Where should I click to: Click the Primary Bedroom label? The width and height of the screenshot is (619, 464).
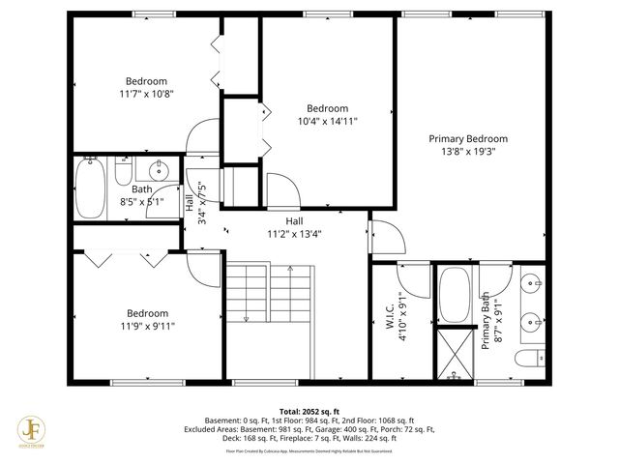pos(468,138)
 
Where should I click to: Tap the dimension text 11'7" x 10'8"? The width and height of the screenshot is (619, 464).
pos(146,95)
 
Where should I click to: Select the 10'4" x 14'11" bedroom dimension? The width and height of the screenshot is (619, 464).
pos(327,122)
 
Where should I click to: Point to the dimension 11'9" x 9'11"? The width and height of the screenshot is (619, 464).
pos(147,327)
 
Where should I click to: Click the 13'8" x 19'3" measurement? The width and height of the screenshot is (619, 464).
pos(468,152)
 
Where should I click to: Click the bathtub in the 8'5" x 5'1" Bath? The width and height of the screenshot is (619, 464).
pos(90,188)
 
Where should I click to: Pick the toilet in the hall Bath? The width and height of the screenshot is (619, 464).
pos(123,171)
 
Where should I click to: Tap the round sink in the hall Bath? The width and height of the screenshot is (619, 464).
pos(162,171)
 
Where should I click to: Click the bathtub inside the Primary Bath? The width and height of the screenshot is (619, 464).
pos(453,298)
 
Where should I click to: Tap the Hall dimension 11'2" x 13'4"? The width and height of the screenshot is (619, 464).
pos(294,234)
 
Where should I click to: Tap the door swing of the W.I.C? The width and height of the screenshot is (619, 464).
pos(413,279)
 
